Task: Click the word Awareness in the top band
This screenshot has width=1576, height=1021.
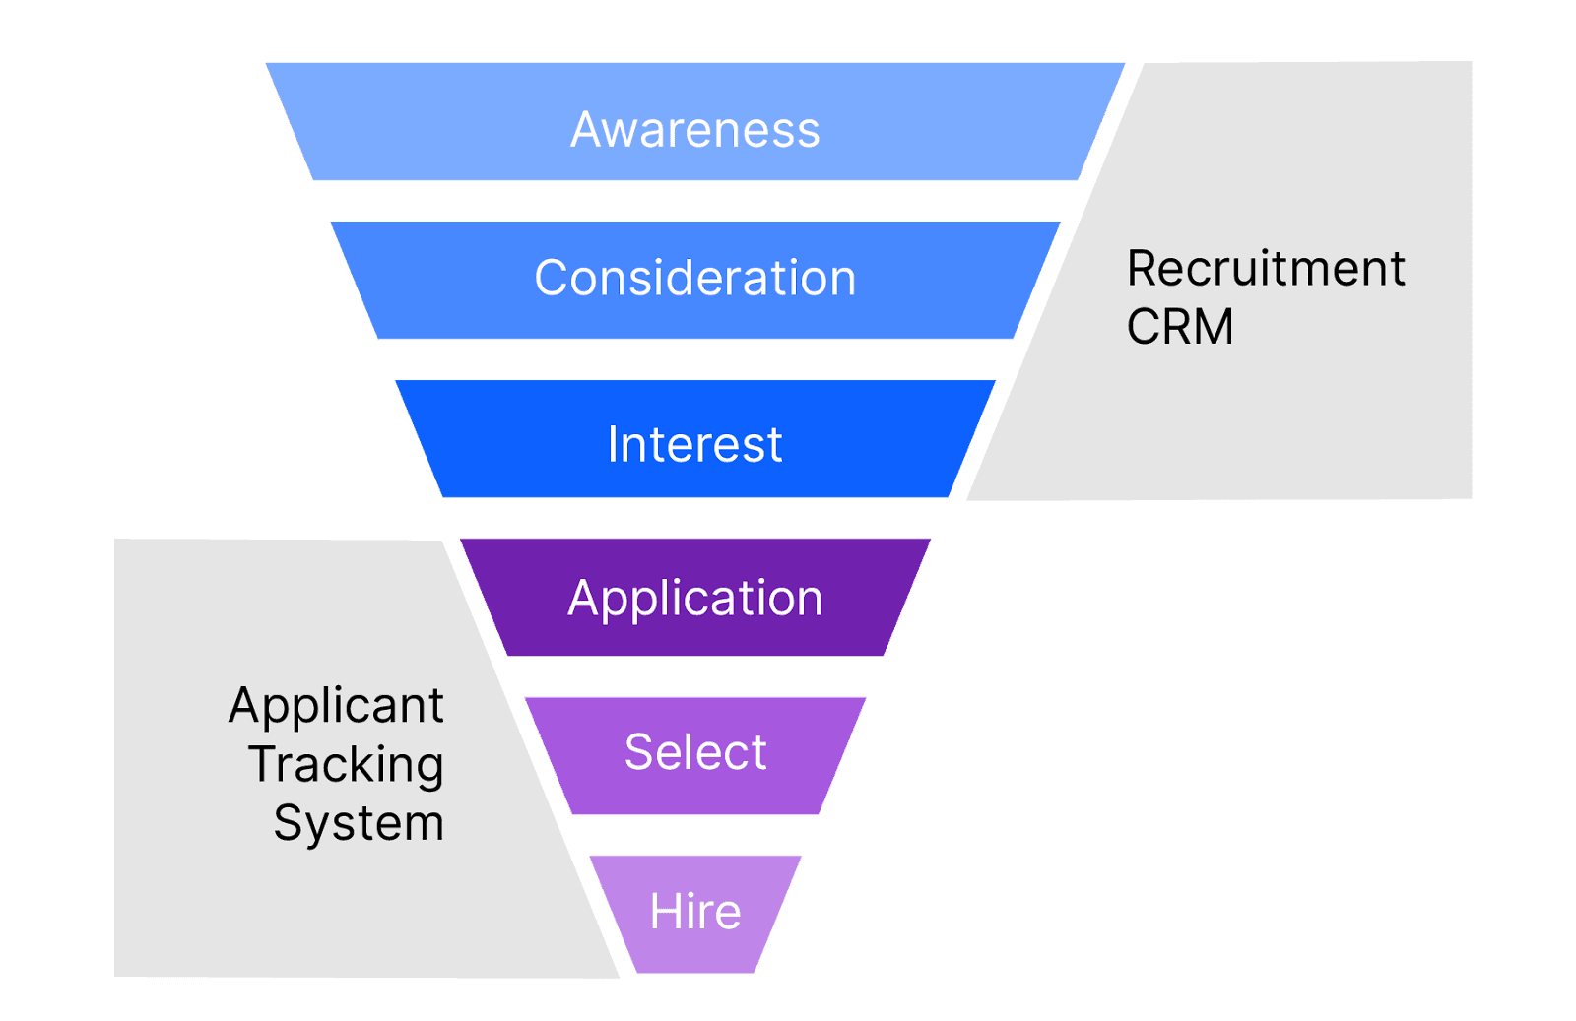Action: pos(694,129)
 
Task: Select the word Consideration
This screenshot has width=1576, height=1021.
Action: pos(694,278)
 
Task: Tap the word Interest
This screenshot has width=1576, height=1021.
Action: pos(694,444)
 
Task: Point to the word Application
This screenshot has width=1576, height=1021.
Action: pos(694,599)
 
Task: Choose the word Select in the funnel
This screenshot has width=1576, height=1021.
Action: pos(694,752)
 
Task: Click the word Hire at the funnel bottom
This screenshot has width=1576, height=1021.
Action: pos(694,912)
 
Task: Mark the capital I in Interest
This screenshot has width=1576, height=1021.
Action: pos(613,444)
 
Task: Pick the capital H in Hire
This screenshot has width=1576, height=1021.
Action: pos(665,912)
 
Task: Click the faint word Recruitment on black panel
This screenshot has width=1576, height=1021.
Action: pos(1264,269)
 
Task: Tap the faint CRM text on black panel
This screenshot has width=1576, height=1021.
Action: pos(1179,326)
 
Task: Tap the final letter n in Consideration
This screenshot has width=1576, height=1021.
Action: pos(843,280)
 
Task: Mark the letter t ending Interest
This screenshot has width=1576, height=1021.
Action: pos(774,444)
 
